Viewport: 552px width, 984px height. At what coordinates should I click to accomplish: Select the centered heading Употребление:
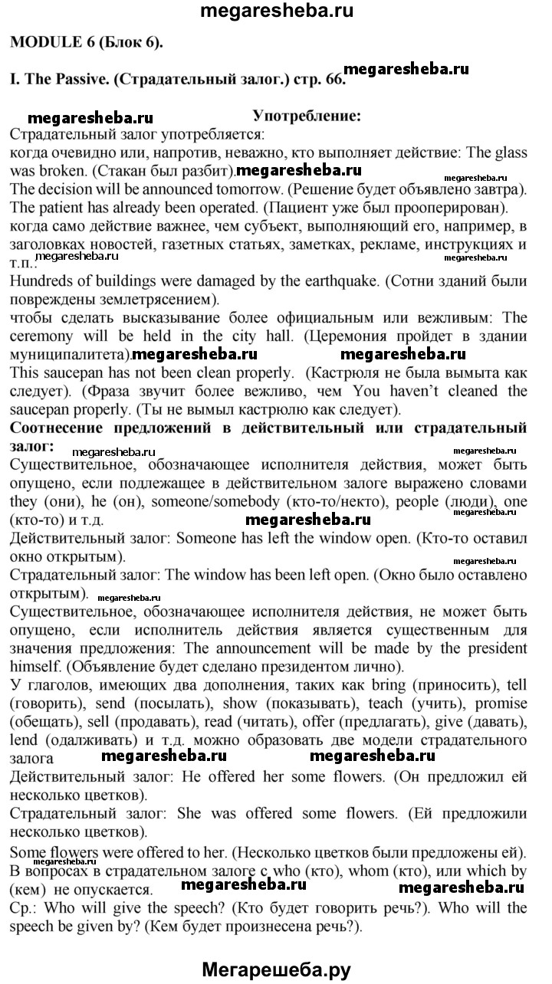307,116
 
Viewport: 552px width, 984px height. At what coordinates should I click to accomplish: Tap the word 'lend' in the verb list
24,740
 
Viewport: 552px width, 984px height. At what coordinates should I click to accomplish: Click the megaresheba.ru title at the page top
275,11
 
